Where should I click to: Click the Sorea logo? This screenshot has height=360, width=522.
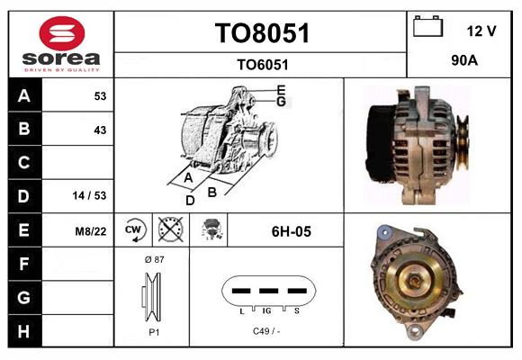(61, 44)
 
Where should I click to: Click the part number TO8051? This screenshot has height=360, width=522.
(262, 33)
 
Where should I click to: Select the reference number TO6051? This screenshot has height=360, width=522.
(262, 64)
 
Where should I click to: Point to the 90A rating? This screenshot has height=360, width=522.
(463, 62)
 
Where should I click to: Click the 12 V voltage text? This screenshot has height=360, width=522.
(481, 31)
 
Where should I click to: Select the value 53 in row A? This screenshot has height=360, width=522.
(100, 96)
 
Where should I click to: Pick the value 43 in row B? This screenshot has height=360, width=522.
(100, 130)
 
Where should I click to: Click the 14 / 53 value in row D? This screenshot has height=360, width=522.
(90, 196)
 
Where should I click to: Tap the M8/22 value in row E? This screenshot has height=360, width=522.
(91, 231)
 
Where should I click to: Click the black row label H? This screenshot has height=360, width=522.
(23, 330)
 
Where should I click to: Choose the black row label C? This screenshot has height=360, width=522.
(23, 163)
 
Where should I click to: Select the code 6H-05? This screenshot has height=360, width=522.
(291, 231)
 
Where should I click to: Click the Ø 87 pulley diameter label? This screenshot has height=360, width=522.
(152, 259)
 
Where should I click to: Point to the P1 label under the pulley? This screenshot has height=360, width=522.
(152, 331)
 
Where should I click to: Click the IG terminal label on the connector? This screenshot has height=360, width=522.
(266, 310)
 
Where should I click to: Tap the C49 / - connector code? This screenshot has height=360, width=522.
(266, 331)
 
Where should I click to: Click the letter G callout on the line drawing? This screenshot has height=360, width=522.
(281, 102)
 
